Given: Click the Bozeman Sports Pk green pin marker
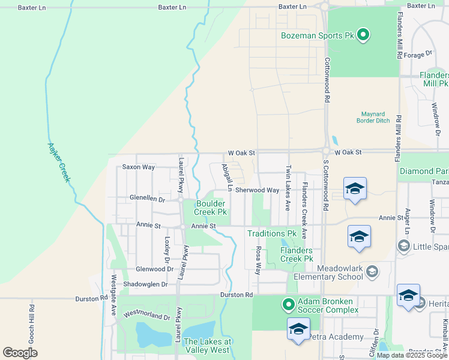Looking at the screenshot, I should click(x=363, y=35).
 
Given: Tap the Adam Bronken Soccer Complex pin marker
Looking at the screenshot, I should click(x=288, y=305).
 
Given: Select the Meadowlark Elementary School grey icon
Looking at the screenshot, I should click(x=372, y=272).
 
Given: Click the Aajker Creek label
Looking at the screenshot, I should click(x=59, y=163).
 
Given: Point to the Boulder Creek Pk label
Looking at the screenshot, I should click(x=211, y=208).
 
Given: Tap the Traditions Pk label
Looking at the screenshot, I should click(x=273, y=233).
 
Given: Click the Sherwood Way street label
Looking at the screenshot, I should click(x=257, y=190).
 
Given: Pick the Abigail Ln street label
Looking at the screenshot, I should click(x=226, y=177).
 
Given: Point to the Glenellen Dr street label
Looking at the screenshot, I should click(x=147, y=198).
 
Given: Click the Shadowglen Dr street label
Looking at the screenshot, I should click(x=144, y=284).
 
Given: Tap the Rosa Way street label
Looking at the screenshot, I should click(x=259, y=260).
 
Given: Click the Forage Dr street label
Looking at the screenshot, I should click(x=418, y=54).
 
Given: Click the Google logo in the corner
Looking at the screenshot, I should click(x=20, y=353).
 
